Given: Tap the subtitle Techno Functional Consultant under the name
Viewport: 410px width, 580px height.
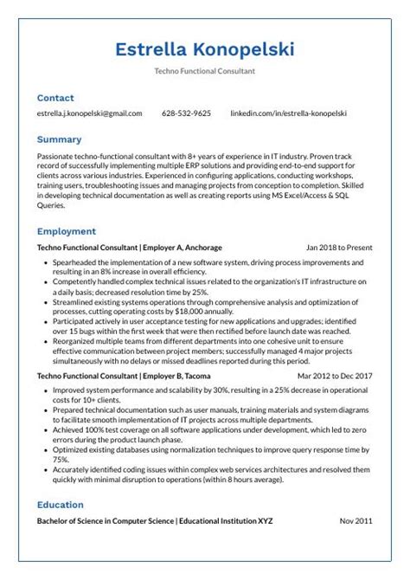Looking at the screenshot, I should [x=205, y=71].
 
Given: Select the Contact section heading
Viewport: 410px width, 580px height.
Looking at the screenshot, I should [x=55, y=98].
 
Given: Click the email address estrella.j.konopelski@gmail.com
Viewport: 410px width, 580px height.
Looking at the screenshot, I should [x=89, y=113].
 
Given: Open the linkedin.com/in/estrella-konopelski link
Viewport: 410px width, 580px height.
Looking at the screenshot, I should [x=288, y=113].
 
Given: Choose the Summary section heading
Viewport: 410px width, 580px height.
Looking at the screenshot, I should [x=59, y=139].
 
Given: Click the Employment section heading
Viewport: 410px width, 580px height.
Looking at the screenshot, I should [x=66, y=231].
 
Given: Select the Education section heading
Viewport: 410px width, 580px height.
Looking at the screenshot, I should [x=60, y=505].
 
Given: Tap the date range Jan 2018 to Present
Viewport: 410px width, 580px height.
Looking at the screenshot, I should [x=339, y=247].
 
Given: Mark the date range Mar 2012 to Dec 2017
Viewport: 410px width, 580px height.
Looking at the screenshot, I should [x=335, y=377].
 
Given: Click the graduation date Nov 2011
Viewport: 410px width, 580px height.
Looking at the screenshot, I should [x=356, y=521].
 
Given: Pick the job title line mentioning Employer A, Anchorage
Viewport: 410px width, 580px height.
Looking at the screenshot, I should [x=129, y=247].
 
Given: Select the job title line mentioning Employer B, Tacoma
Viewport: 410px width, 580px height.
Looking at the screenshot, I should [x=124, y=377].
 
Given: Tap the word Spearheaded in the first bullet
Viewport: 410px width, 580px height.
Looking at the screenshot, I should [x=76, y=261].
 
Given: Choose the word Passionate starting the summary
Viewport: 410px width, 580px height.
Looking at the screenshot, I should [x=58, y=154].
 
